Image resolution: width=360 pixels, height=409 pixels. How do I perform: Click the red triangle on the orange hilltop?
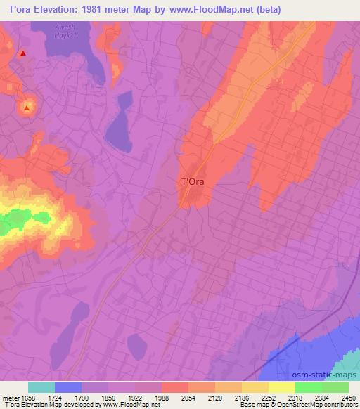[x=27, y=108]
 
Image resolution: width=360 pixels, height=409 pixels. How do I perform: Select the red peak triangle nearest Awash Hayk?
[x=23, y=53]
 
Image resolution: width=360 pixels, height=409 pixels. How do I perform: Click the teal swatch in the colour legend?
[x=41, y=387]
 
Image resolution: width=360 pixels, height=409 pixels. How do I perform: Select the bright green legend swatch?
[x=309, y=387]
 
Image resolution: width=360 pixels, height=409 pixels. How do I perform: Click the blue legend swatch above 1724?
[x=68, y=387]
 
